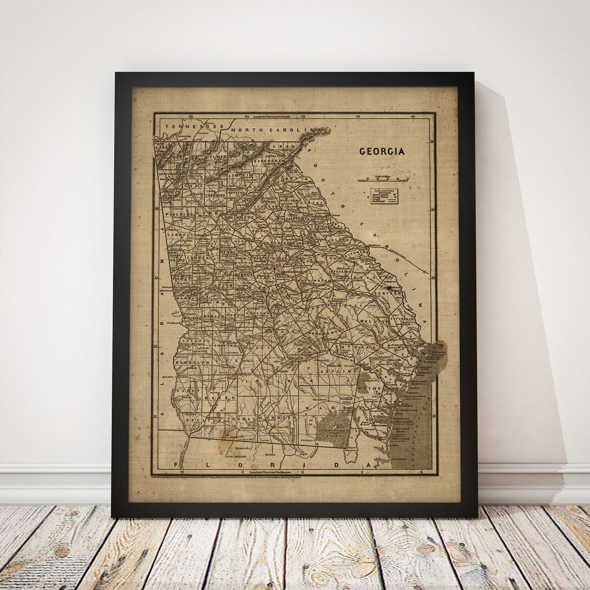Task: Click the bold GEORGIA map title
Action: coord(382,151)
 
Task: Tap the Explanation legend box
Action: coord(384,196)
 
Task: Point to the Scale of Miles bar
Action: coord(383,179)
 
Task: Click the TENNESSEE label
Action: coord(187,127)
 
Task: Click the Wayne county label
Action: coord(371,388)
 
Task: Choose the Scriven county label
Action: coord(388,293)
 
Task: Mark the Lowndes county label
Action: coord(278,417)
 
